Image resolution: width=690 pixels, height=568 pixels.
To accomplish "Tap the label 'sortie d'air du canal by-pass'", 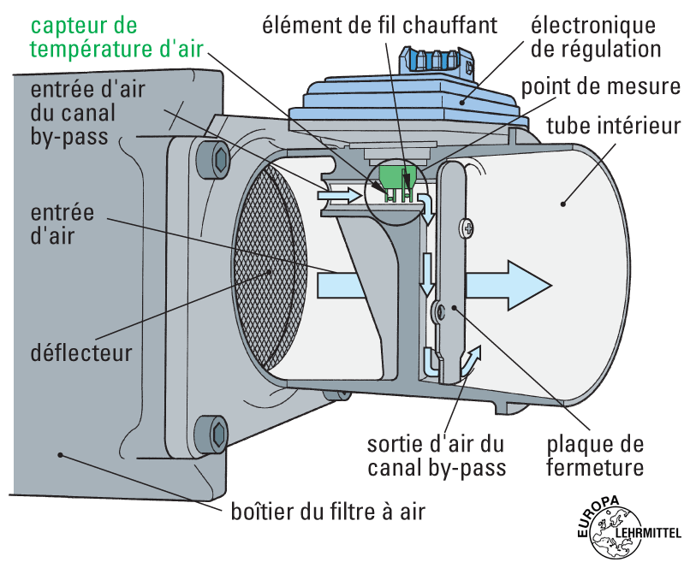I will click(x=437, y=456).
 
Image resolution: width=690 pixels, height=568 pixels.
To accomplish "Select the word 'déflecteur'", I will click(x=81, y=352).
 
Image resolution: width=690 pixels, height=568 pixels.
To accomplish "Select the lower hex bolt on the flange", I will click(x=215, y=432).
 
